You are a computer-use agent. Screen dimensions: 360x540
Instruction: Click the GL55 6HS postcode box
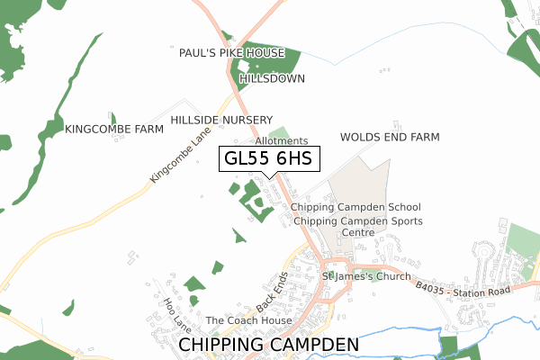267,159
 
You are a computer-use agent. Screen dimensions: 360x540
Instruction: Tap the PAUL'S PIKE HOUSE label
231,53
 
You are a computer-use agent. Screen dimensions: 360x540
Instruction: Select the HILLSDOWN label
272,78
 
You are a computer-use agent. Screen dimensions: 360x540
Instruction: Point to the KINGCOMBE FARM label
114,130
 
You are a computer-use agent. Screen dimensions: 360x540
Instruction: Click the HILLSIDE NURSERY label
221,120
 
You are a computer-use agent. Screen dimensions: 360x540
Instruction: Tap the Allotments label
281,141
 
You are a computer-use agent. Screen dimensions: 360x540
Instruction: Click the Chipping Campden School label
355,207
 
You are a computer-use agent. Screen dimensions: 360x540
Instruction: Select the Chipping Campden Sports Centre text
357,227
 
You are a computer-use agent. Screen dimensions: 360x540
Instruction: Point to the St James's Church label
366,276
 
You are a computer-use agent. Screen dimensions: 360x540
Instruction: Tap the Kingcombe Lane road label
180,155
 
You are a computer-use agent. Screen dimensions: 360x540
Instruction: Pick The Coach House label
249,320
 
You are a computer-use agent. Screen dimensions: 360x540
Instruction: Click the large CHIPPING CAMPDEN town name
269,345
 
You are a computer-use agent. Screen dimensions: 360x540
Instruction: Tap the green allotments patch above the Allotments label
280,132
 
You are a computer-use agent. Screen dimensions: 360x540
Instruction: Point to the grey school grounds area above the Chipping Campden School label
360,180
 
